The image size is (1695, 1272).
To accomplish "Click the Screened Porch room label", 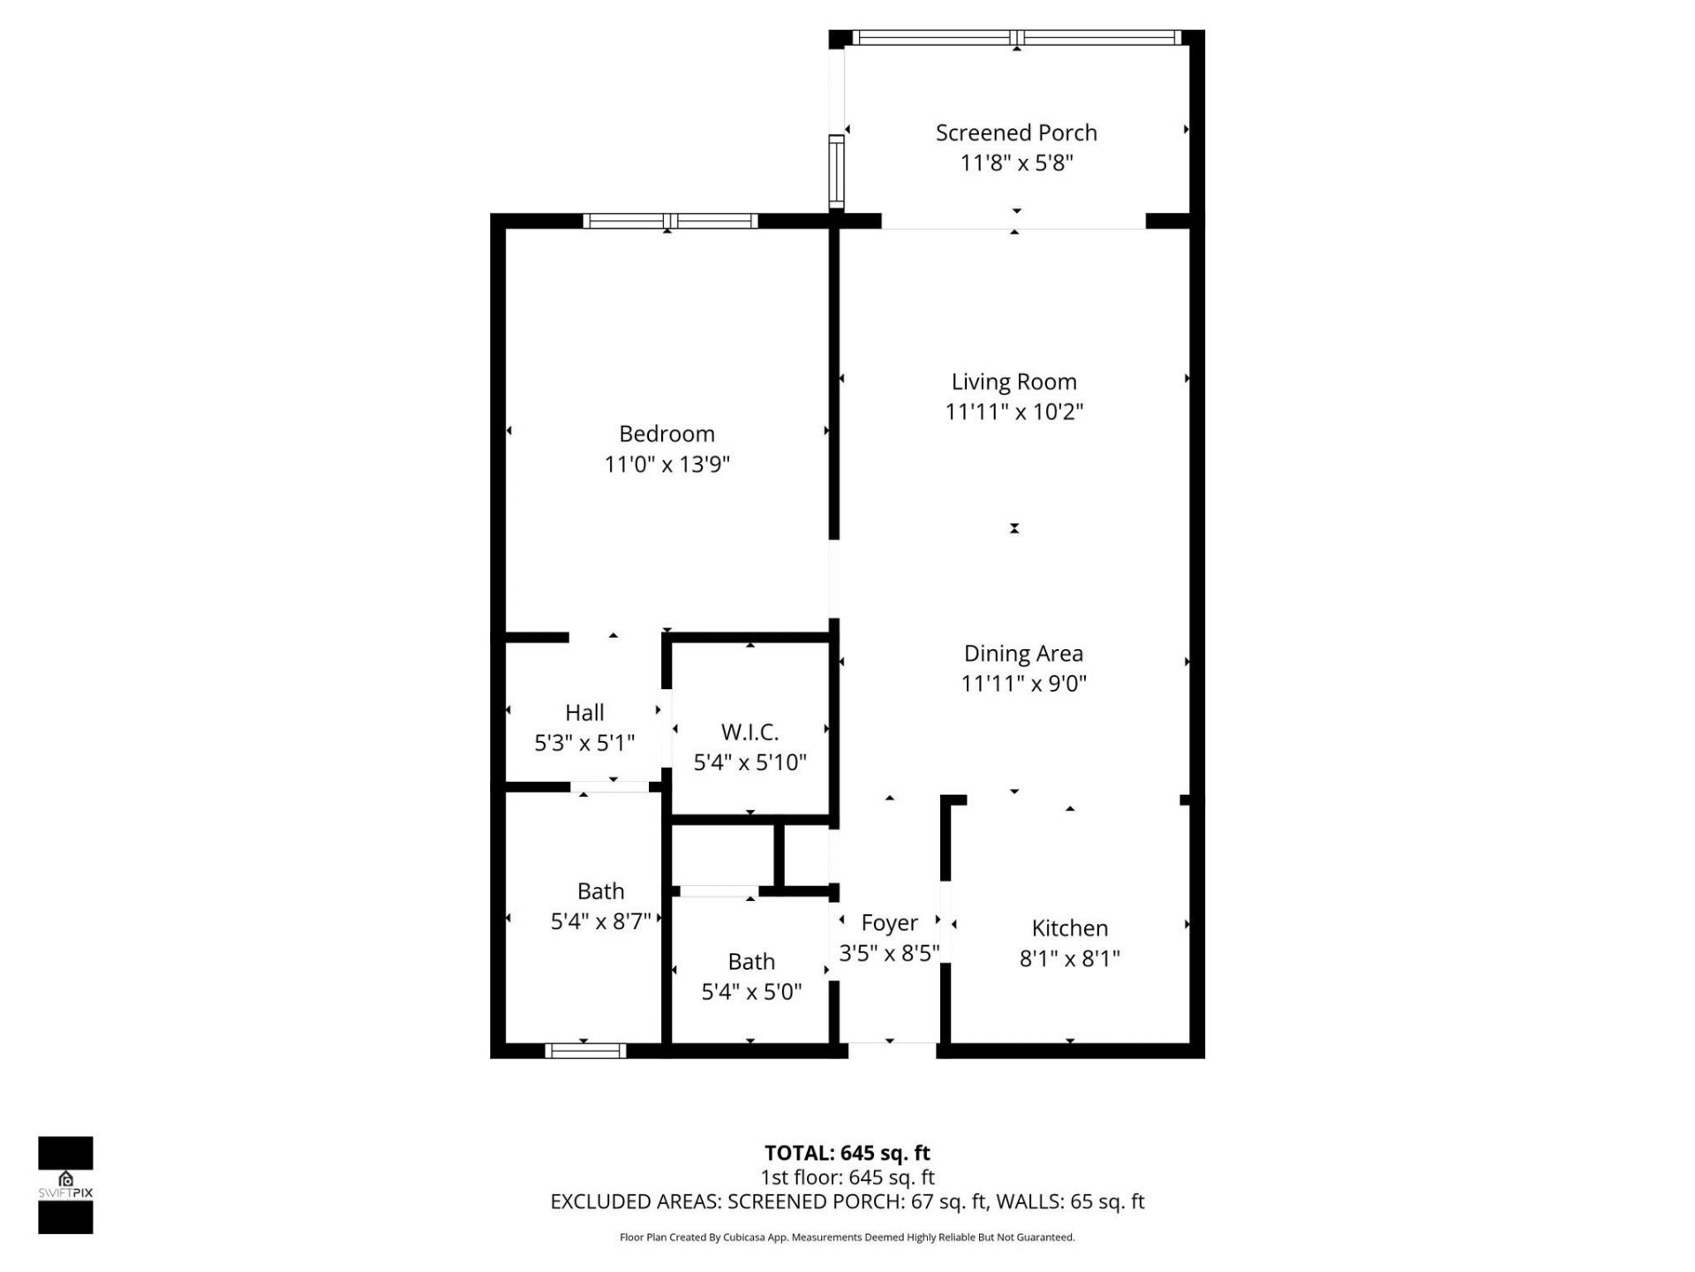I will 1016,133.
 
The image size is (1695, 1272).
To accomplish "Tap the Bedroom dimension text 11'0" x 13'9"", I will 667,465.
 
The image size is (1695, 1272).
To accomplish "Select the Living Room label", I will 1013,382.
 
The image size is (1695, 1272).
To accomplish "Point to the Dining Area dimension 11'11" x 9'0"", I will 1023,684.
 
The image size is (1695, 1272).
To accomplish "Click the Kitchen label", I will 1069,928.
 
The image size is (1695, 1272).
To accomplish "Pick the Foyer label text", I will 889,923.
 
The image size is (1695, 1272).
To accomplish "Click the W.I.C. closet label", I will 750,732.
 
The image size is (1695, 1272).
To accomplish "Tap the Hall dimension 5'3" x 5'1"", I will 584,743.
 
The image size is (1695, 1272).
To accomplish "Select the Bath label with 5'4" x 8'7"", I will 600,891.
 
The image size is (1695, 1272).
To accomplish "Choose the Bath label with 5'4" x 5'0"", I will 751,962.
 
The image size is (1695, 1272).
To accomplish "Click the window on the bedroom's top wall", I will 670,221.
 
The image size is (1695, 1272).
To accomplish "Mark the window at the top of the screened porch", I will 1016,38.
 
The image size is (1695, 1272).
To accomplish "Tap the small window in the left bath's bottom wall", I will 584,1050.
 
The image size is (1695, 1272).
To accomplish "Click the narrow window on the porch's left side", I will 835,171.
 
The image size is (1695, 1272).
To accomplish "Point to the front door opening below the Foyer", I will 892,1049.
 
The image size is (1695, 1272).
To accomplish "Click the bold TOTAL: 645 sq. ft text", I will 847,1153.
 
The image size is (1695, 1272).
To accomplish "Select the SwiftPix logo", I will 65,1185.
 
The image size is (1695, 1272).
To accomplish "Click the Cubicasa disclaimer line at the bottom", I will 847,1238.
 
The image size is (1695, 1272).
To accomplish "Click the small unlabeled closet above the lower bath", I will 723,855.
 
